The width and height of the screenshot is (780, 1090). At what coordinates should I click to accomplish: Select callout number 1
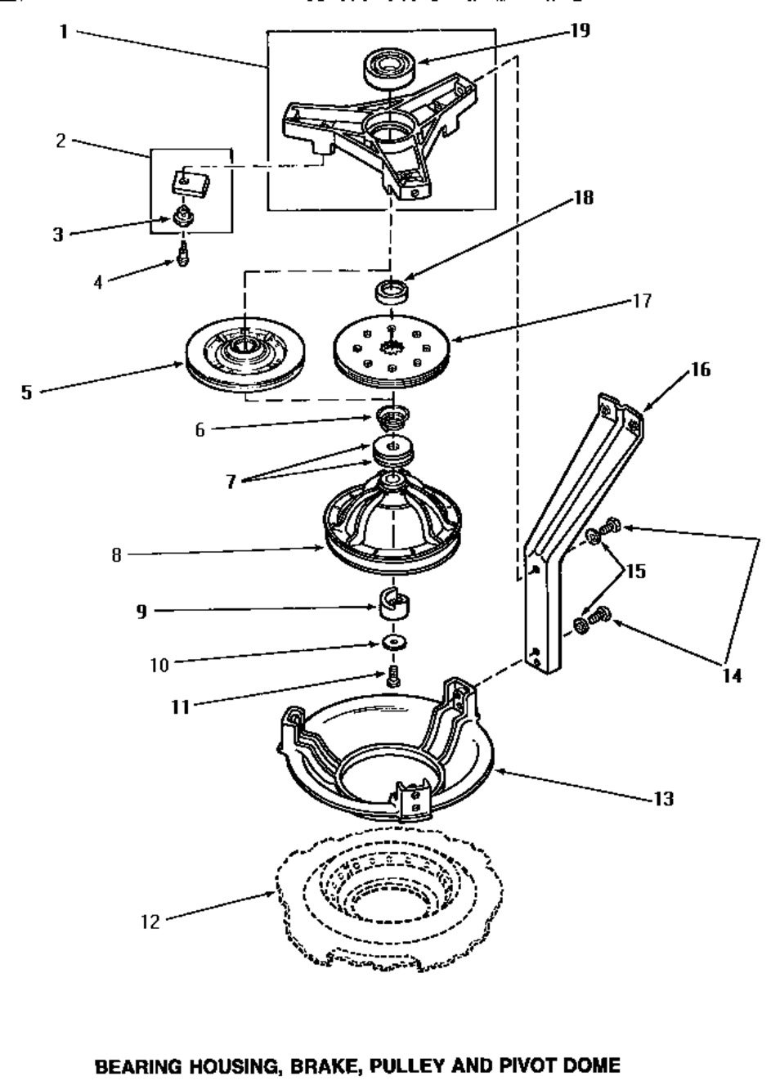point(63,32)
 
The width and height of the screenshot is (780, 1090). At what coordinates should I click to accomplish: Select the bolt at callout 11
point(392,676)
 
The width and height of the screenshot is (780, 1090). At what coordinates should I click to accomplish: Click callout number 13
point(663,798)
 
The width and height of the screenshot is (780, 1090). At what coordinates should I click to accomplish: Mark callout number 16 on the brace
point(700,370)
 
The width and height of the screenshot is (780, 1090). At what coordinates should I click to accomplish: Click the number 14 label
point(731,675)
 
